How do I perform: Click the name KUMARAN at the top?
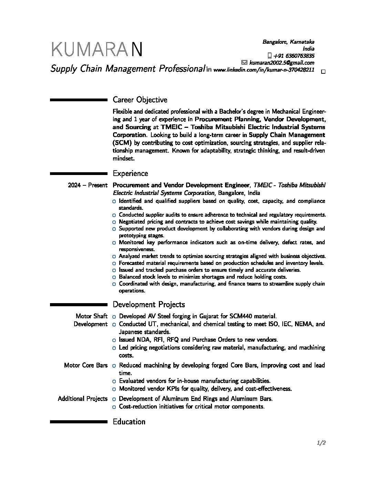tap(97, 50)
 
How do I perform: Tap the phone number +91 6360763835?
tap(294, 56)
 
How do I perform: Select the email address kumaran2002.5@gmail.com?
tap(282, 63)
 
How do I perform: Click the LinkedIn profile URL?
tap(264, 70)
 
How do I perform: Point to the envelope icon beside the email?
tap(244, 63)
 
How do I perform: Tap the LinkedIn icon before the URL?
tap(209, 70)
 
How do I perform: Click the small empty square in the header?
tap(323, 72)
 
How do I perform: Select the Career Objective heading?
tap(140, 100)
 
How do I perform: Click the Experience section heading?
tap(130, 174)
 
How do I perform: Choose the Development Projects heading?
tap(149, 305)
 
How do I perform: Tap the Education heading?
tap(129, 422)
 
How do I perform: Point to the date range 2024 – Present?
tap(88, 185)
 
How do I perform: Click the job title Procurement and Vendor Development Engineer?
tap(181, 185)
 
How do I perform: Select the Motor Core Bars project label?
tap(86, 365)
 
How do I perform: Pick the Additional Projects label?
tap(83, 399)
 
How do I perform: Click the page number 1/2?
tap(321, 443)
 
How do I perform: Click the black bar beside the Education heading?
tap(79, 422)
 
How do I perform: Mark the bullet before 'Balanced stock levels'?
tap(114, 277)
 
